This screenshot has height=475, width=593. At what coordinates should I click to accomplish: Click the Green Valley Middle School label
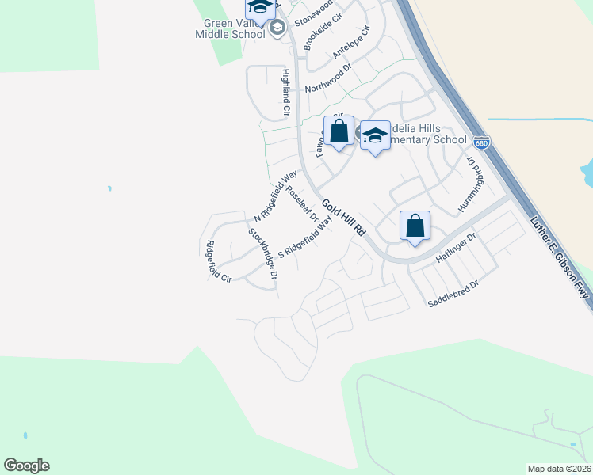[230, 29]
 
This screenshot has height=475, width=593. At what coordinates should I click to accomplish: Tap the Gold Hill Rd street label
[342, 216]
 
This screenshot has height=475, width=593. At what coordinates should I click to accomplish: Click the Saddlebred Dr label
[453, 294]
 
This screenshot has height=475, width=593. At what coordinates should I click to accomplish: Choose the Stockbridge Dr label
[263, 254]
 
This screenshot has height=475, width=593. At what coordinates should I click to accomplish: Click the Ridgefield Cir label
[218, 261]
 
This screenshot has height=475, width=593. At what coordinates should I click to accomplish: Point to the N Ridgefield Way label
[275, 195]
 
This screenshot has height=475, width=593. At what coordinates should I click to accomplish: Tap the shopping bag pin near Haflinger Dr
[415, 226]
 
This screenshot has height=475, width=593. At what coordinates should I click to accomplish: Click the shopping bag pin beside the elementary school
[339, 132]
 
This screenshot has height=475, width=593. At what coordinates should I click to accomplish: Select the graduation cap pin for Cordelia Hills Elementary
[375, 136]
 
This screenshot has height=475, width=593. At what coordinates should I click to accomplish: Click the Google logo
[27, 465]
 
